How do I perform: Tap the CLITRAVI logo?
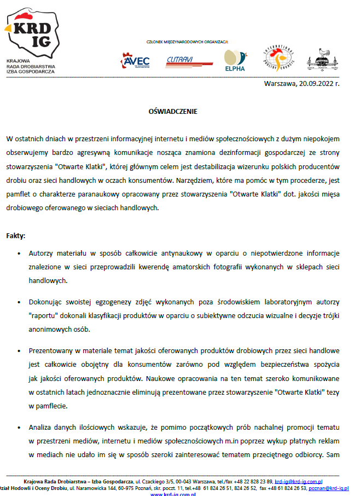pos(189,62)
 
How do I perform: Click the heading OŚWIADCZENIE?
pos(173,111)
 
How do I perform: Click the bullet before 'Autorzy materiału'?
pos(19,253)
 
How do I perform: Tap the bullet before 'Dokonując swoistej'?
pos(19,302)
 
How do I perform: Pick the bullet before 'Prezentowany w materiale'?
pos(19,350)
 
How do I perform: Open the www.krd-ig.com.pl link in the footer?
pos(173,494)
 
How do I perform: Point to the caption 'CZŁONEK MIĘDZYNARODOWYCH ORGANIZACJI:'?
pos(188,42)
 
